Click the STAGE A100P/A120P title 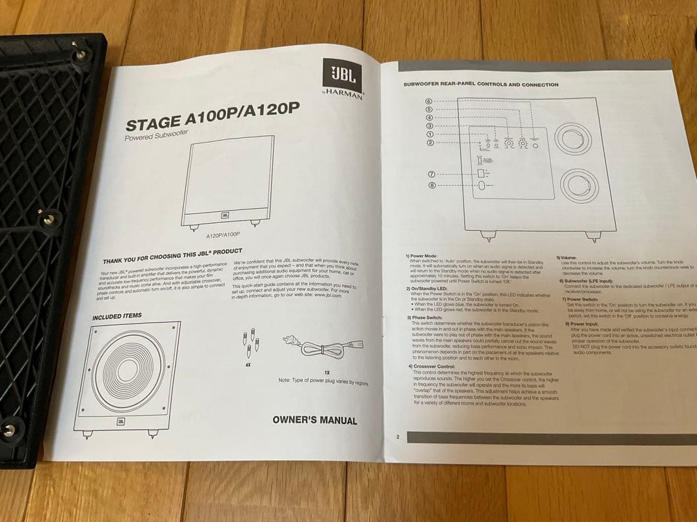point(213,116)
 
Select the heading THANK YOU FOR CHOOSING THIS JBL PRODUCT point(172,256)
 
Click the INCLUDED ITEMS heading point(117,317)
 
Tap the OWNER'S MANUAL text point(314,420)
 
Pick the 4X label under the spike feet point(248,365)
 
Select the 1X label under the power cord point(327,372)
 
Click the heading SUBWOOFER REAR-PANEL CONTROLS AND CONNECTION point(481,84)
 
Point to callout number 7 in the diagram point(432,174)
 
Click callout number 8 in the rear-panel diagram point(432,186)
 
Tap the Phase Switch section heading point(425,318)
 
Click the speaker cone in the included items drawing point(129,370)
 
